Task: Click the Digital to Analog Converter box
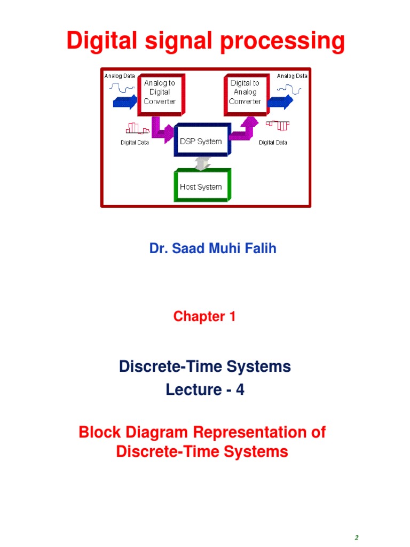click(x=245, y=92)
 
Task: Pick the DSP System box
click(x=202, y=142)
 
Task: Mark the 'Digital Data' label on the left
click(x=134, y=143)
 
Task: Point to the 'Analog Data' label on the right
click(x=292, y=76)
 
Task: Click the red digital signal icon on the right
click(x=278, y=125)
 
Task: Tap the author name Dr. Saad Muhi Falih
click(x=212, y=248)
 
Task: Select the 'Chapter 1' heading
click(x=204, y=316)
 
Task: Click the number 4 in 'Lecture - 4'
click(x=240, y=390)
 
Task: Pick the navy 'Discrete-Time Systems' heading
click(x=205, y=366)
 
